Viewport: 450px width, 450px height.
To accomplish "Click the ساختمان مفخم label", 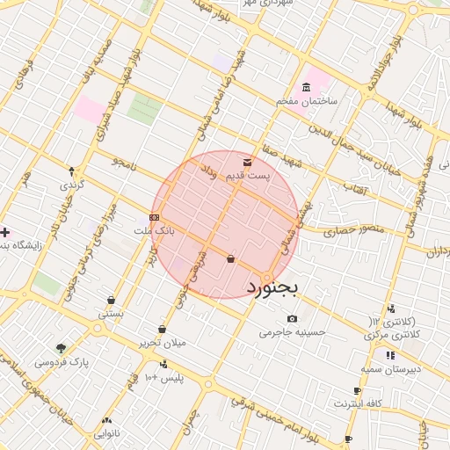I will point(308,101).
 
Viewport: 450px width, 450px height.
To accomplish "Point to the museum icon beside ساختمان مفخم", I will point(306,87).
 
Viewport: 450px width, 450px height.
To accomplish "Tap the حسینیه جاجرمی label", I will point(293,332).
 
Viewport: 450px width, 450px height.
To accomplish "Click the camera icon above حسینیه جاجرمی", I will point(293,318).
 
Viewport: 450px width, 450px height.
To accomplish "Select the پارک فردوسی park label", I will point(62,361).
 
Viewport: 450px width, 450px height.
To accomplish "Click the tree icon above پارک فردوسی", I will point(61,348).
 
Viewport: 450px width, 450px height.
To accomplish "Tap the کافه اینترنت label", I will point(357,403).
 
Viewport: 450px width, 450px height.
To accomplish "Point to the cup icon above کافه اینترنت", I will point(357,390).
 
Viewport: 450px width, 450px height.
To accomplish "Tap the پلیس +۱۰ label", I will point(163,377).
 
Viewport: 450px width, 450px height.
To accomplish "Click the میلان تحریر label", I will point(162,343).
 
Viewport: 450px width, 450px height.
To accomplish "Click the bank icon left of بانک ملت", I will point(155,217).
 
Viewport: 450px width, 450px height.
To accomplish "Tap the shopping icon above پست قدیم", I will point(246,162).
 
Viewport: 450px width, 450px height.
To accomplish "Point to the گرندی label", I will point(71,185).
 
